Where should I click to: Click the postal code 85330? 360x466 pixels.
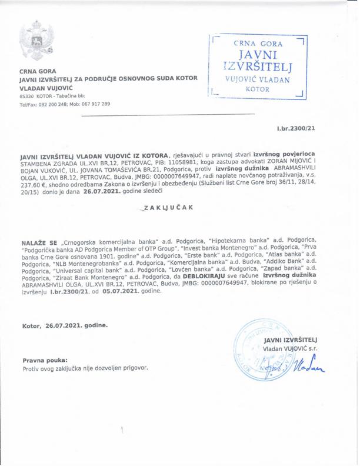pyautogui.click(x=26, y=95)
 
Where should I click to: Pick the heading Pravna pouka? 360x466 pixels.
pyautogui.click(x=45, y=359)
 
